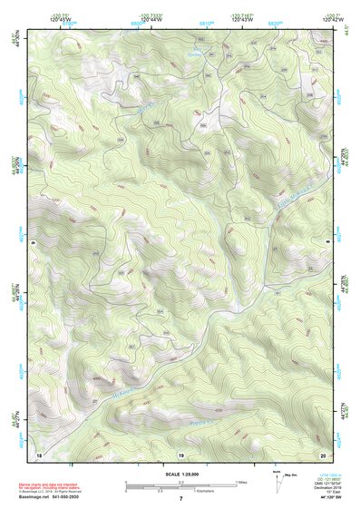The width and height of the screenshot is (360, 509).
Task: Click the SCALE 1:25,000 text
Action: click(180, 474)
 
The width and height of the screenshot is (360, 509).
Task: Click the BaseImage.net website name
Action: click(34, 496)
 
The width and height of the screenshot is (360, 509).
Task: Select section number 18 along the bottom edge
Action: click(38, 453)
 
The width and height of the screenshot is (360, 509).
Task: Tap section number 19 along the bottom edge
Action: click(180, 453)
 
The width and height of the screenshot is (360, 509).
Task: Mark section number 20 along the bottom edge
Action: click(322, 453)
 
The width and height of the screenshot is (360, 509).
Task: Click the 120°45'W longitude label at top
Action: click(60, 21)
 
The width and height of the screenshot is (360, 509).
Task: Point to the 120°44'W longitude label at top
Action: click(151, 21)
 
